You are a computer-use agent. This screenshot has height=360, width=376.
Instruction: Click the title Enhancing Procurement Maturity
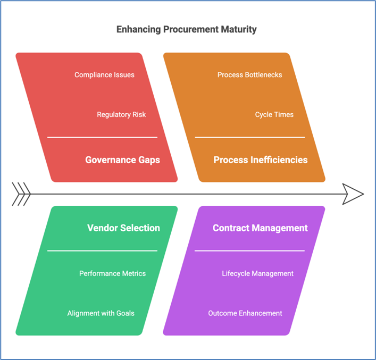[x=186, y=29]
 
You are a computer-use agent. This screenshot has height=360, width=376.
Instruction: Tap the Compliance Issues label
[x=104, y=75]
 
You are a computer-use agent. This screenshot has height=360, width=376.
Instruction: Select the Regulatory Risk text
[x=121, y=114]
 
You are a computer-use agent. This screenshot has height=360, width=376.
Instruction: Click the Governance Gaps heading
[x=122, y=160]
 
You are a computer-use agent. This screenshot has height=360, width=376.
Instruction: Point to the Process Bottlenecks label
[x=249, y=75]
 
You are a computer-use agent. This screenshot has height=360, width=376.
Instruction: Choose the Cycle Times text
[x=274, y=114]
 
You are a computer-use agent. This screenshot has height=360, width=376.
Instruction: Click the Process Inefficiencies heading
[x=261, y=160]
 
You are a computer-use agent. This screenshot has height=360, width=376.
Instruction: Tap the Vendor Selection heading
[x=123, y=228]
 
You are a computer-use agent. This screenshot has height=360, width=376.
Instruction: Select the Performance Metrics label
[x=112, y=273]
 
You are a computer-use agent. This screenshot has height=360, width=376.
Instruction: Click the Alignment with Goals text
[x=101, y=313]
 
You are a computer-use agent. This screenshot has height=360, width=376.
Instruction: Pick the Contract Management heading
[x=260, y=228]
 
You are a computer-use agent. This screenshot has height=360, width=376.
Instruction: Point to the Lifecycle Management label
[x=257, y=274]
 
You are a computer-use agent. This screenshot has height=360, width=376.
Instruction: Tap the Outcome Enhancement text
[x=245, y=313]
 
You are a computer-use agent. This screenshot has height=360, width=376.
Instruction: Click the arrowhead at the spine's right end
[x=353, y=194]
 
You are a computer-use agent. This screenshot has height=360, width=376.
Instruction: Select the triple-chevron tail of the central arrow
[x=21, y=194]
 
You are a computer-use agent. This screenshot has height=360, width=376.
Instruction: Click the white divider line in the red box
[x=103, y=137]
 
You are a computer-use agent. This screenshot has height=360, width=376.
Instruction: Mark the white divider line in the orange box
[x=250, y=137]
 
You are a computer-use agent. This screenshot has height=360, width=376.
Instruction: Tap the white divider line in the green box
[x=103, y=251]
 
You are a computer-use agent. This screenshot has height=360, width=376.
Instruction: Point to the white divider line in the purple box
[x=249, y=251]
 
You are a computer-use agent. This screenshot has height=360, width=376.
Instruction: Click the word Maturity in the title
[x=239, y=30]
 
